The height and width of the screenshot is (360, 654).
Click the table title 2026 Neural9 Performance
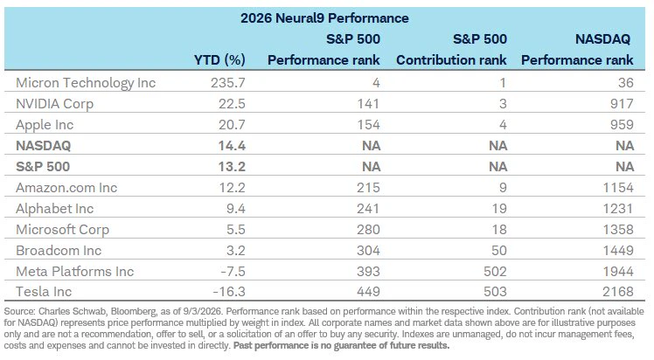tap(324, 18)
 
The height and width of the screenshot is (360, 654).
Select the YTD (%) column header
tap(219, 60)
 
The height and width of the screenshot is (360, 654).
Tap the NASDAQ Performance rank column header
tap(577, 50)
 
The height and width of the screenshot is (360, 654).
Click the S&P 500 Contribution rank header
tap(451, 50)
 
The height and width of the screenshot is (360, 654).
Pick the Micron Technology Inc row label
tap(86, 83)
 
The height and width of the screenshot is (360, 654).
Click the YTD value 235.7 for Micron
tap(227, 83)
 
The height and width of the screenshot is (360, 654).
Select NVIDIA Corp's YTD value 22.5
tap(232, 104)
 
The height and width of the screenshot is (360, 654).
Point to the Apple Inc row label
tap(45, 125)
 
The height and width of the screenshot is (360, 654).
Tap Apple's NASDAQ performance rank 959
tap(622, 125)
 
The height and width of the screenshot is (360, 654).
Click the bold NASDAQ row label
tap(44, 146)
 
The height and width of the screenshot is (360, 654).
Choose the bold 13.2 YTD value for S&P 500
tap(232, 167)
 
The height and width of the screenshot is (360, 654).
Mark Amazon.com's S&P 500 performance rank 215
tap(368, 188)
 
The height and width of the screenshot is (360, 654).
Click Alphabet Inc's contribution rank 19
tap(499, 208)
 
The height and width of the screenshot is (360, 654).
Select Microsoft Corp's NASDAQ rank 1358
tap(618, 230)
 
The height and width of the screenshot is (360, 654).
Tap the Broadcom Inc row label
tap(59, 251)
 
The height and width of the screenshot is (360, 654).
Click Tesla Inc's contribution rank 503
tap(495, 292)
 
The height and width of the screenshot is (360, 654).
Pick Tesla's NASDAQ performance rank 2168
tap(618, 292)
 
